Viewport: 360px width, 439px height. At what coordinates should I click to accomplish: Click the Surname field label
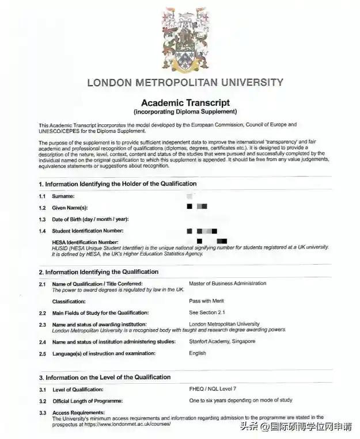pyautogui.click(x=64, y=197)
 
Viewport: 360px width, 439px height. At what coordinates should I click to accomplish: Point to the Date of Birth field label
pyautogui.click(x=90, y=219)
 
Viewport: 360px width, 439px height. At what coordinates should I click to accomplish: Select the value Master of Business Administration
pyautogui.click(x=228, y=284)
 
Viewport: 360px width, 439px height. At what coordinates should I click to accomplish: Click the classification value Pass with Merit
pyautogui.click(x=206, y=301)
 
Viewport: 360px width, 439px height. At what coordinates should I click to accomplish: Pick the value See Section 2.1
pyautogui.click(x=207, y=312)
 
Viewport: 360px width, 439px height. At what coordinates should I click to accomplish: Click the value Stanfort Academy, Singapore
pyautogui.click(x=222, y=341)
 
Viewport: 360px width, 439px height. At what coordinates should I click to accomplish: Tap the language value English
pyautogui.click(x=197, y=353)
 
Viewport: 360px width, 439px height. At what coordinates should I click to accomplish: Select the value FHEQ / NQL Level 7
pyautogui.click(x=213, y=389)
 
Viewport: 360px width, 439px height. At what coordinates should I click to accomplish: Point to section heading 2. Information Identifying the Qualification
pyautogui.click(x=98, y=272)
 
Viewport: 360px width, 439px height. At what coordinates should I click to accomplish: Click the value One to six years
pyautogui.click(x=240, y=400)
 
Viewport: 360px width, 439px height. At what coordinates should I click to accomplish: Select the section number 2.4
pyautogui.click(x=43, y=342)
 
